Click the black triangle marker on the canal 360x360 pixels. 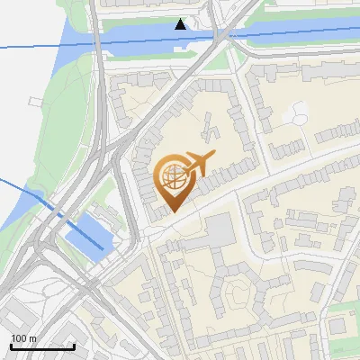[181, 24]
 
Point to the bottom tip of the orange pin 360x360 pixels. [171, 212]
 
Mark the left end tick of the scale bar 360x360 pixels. [11, 346]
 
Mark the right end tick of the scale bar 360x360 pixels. [74, 346]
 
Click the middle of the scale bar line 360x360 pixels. [42, 347]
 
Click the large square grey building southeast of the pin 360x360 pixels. [220, 231]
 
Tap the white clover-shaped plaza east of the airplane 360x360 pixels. [296, 113]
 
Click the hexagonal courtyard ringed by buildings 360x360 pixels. [236, 293]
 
